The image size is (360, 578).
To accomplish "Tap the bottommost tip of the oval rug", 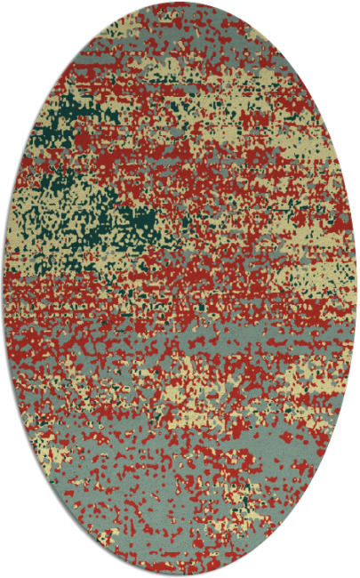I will point(180,574).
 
